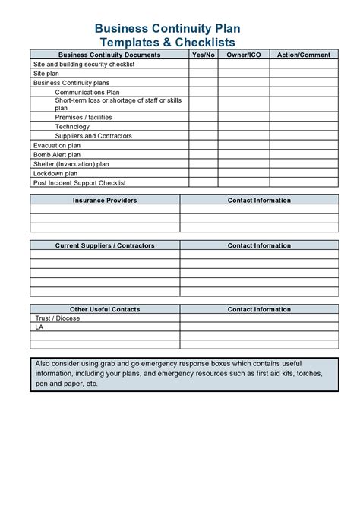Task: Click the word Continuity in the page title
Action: [181, 28]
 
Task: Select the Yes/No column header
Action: [203, 55]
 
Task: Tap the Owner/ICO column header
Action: [243, 55]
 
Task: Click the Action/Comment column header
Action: [303, 55]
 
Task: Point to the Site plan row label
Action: [46, 74]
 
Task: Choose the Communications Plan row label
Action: [87, 92]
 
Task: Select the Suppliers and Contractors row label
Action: [93, 136]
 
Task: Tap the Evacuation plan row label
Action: [57, 145]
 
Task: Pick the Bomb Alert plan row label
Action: [57, 154]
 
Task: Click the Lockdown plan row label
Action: [55, 173]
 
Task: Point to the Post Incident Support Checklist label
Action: [79, 182]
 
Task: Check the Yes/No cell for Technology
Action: [203, 127]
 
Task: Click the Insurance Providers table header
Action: [105, 201]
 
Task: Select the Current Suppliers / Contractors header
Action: [105, 246]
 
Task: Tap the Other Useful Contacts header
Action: [105, 309]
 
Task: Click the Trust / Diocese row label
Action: [57, 318]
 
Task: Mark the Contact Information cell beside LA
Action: [259, 327]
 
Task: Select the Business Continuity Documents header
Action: [109, 55]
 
